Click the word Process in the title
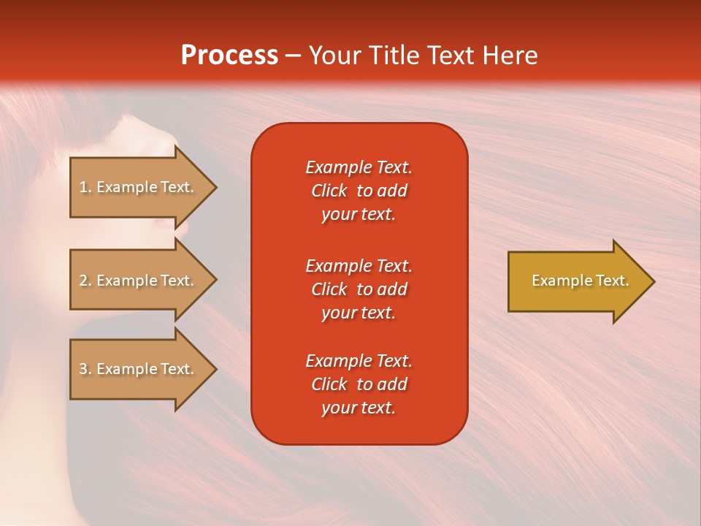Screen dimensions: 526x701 tap(229, 55)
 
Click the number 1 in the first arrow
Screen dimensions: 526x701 tap(83, 187)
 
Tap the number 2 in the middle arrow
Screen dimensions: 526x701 tap(83, 281)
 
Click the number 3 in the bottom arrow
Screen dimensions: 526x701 tap(83, 369)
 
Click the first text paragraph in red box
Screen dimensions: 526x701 tap(359, 191)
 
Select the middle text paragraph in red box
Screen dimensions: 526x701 tap(359, 289)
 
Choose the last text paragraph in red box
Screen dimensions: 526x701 tap(359, 384)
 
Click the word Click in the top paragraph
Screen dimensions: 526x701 tap(329, 191)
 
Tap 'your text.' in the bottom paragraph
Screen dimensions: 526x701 tap(359, 408)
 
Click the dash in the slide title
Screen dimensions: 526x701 tap(293, 56)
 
